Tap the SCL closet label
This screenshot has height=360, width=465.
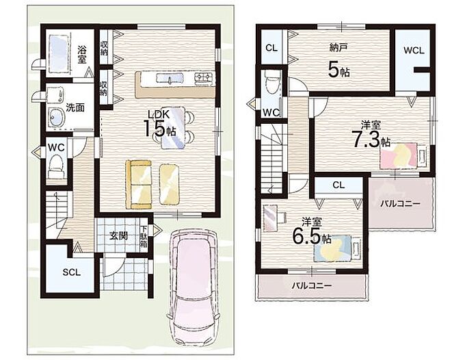[72, 272]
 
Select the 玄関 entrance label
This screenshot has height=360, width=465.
[118, 236]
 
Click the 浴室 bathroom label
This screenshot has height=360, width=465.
[82, 54]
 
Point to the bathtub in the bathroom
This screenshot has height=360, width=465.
[59, 53]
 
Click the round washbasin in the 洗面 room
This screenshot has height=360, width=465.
[57, 118]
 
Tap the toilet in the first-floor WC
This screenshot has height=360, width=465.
[56, 167]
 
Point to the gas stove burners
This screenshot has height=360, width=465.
[204, 78]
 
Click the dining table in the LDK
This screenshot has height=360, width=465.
[172, 127]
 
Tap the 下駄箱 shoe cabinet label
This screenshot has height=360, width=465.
[144, 237]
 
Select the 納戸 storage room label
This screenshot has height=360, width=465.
[338, 47]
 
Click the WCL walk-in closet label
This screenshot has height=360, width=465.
[414, 51]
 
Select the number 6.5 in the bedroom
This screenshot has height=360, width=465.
[307, 236]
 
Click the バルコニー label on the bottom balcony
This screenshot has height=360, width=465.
[311, 285]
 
